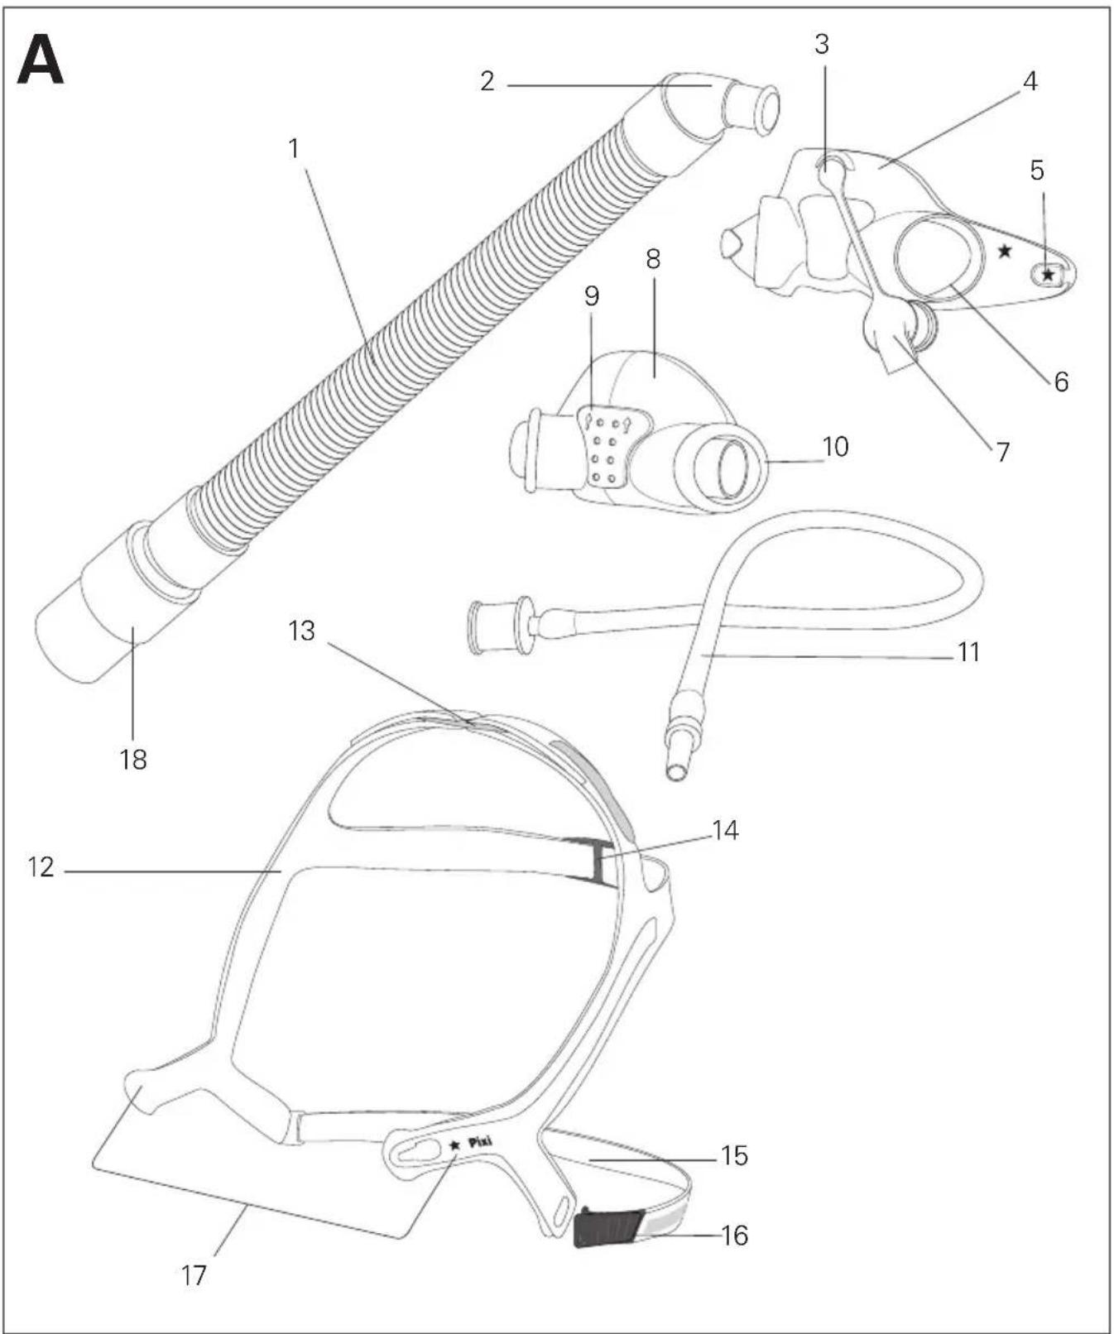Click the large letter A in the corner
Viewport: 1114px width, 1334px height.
41,61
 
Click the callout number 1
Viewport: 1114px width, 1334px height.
294,149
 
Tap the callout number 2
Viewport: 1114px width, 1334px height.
487,81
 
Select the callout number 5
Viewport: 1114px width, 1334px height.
1037,170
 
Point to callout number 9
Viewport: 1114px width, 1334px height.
592,295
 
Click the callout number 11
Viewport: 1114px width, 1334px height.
968,652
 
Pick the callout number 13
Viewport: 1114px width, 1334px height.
302,631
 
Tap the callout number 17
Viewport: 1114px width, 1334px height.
194,1275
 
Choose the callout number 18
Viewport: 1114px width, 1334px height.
133,759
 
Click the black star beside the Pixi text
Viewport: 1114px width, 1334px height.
454,1145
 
